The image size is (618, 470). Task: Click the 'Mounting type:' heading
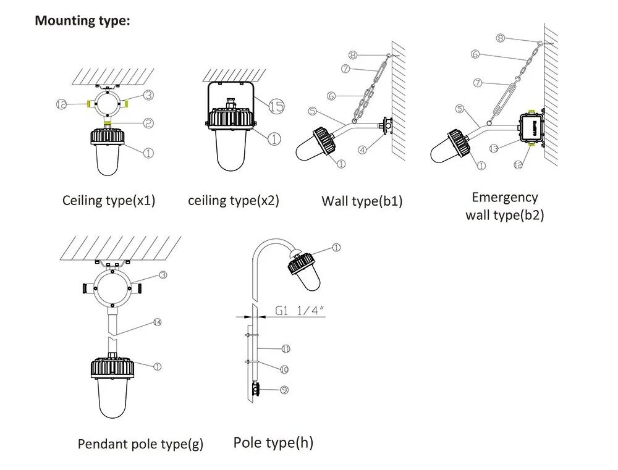point(82,20)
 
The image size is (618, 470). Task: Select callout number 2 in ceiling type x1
point(148,124)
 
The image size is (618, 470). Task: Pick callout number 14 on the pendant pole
point(158,322)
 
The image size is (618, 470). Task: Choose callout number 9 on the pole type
point(284,390)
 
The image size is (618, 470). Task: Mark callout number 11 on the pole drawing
point(286,349)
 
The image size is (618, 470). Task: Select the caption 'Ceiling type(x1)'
point(109,201)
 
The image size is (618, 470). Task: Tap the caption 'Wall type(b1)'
point(362,201)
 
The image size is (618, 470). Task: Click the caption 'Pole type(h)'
point(273,442)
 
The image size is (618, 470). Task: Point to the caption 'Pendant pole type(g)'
point(140,444)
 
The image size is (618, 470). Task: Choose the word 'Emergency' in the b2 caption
point(504,198)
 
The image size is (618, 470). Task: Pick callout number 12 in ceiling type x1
point(61,105)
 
